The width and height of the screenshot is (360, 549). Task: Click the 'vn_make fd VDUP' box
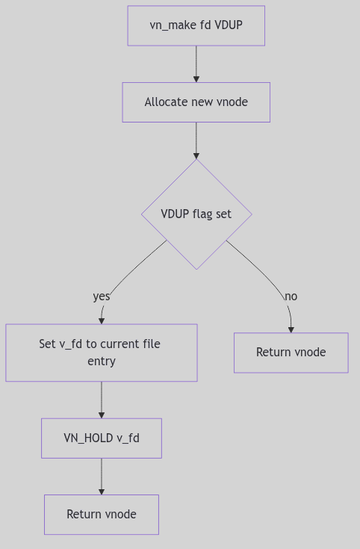196,25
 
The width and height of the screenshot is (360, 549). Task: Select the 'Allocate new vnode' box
196,102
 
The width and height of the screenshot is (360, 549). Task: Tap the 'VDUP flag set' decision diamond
196,214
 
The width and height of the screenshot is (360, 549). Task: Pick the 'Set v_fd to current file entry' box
102,353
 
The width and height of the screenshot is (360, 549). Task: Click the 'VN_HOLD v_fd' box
102,438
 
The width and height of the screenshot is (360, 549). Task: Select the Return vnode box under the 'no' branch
291,353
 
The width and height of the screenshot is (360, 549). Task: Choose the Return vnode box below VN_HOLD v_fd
102,515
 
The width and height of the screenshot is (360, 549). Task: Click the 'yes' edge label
102,297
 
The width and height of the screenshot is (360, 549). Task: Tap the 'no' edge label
291,297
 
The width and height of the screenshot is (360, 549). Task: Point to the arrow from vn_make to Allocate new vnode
196,63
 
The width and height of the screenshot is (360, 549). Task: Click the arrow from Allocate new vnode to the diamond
196,140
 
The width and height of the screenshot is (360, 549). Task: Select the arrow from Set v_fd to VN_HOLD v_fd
102,400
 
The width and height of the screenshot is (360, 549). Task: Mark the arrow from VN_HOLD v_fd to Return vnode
102,477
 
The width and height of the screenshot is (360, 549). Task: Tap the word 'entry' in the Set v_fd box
102,362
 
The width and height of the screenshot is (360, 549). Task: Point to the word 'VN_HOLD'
88,438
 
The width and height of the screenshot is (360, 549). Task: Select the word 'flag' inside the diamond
201,214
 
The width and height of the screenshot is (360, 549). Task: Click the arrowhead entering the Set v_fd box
102,320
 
